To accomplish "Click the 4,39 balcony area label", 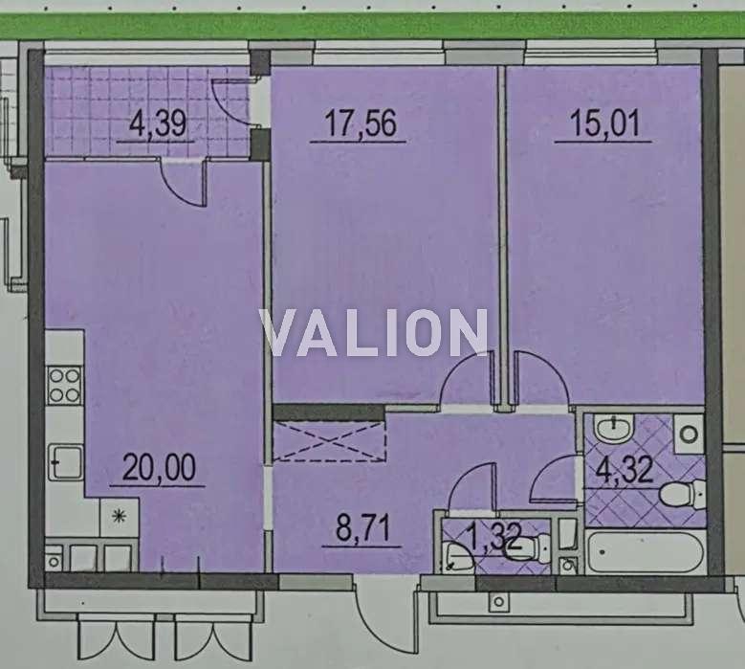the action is tap(157, 124).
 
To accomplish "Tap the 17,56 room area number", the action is tap(360, 123).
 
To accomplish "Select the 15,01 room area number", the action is tap(604, 123).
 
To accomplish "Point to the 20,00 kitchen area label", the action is tap(159, 467).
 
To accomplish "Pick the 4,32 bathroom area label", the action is tap(624, 470).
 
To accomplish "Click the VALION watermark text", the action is tap(374, 332).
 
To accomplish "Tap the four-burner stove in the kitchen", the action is tap(65, 386).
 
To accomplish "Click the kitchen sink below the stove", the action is tap(66, 462).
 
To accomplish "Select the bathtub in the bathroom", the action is tap(645, 552).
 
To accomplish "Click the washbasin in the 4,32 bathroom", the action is tap(614, 428).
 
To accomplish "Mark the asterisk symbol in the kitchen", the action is tap(119, 515).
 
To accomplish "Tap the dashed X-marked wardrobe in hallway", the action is tap(328, 441).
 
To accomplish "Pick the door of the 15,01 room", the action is tap(541, 379).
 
